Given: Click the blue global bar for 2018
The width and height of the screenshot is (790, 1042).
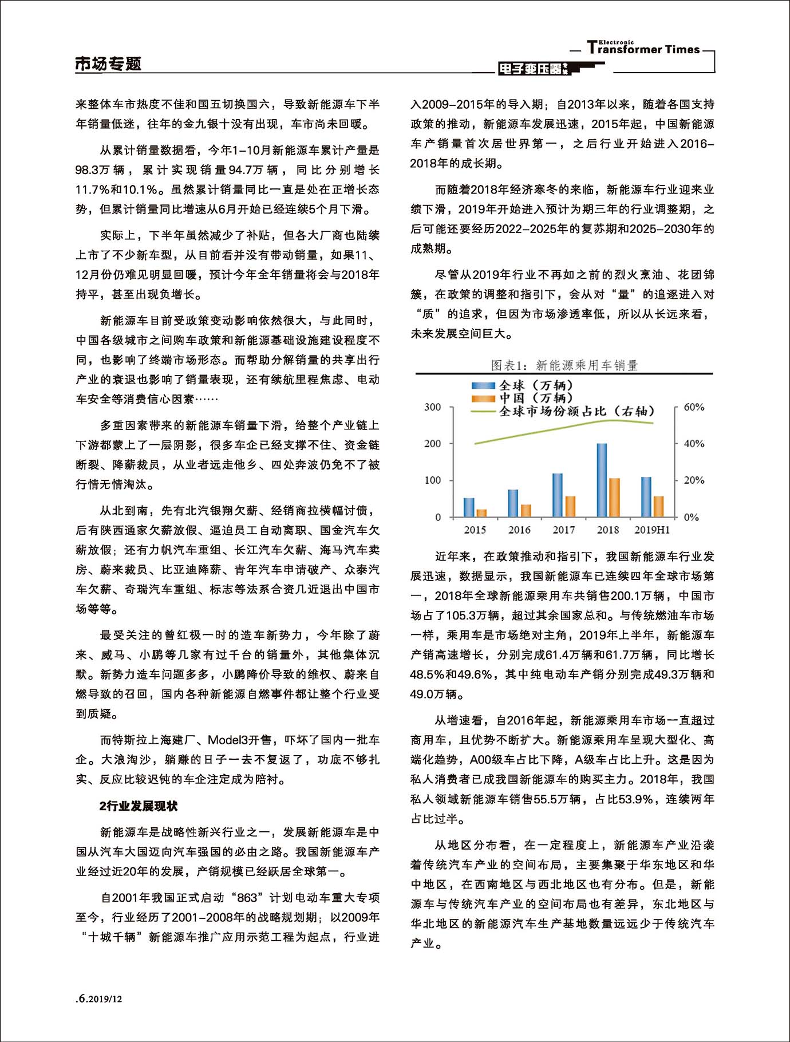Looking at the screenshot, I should tap(602, 480).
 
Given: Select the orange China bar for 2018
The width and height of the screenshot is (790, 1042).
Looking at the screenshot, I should tap(614, 497).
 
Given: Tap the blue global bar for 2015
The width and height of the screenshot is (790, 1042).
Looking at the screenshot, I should tap(469, 507).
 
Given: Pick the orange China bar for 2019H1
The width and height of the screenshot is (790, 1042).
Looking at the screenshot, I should tap(658, 506).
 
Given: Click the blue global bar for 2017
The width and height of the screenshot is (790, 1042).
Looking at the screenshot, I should tap(557, 495).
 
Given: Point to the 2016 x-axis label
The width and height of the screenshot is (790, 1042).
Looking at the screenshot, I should tap(519, 530).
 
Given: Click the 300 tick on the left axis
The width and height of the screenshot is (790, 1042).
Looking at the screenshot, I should tap(433, 407).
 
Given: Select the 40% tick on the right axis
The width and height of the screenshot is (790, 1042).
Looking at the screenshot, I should tap(694, 444).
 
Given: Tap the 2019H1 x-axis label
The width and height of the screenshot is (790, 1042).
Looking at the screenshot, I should tap(652, 530).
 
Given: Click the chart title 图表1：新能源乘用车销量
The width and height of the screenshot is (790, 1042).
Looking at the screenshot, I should tap(564, 365).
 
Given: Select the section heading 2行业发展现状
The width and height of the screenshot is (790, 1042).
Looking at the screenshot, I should tap(139, 806).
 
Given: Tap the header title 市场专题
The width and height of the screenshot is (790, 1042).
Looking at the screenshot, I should tap(108, 64).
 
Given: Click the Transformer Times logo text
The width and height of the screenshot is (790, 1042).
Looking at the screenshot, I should tap(643, 49).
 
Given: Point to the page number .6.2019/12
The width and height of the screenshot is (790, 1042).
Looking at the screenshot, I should tap(100, 999).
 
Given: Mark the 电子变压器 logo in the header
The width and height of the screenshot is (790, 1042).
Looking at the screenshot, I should tap(532, 69).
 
